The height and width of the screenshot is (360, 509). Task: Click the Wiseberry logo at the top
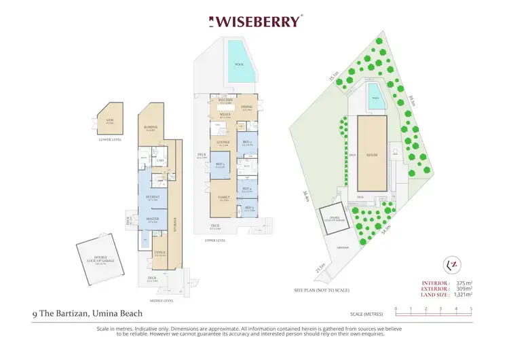[254, 22]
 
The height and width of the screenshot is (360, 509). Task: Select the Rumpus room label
[151, 127]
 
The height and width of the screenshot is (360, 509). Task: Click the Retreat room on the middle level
[152, 198]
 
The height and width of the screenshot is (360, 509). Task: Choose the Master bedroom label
[152, 219]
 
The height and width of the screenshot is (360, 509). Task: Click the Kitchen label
[225, 101]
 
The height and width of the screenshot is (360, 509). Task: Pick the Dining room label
[247, 107]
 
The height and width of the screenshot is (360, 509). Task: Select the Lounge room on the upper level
[223, 143]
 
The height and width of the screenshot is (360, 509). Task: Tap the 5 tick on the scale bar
[471, 310]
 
